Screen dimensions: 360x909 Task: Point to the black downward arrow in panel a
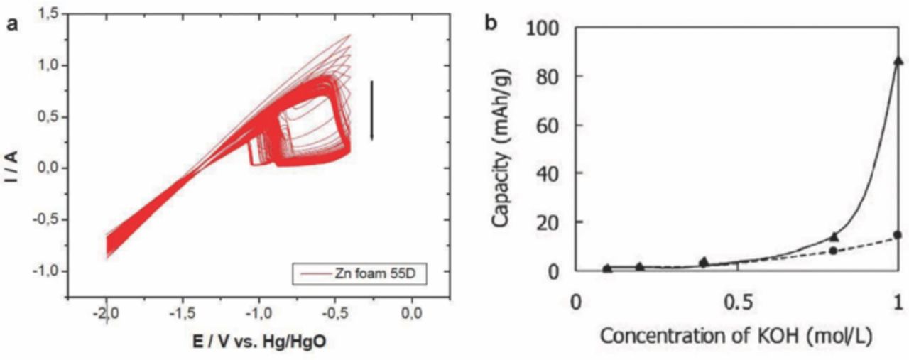tap(371, 110)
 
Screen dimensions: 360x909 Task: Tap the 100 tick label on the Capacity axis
tap(543, 28)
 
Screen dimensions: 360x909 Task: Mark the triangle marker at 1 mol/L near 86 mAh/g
tap(898, 61)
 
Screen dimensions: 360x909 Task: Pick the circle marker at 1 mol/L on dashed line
tap(898, 235)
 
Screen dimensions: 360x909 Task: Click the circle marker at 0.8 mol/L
tap(833, 251)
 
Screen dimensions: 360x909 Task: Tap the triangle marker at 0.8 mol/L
tap(834, 237)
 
